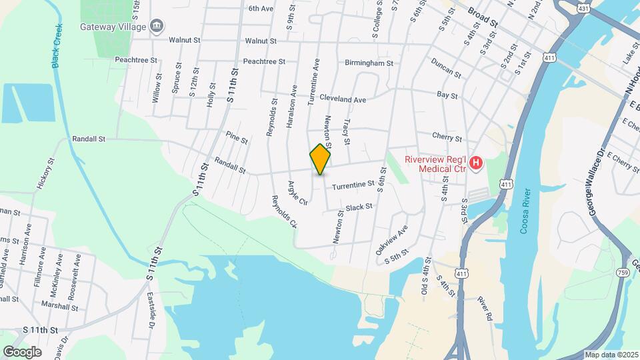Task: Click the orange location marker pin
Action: point(321,159)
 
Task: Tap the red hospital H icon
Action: point(476,163)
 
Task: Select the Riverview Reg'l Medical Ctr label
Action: point(436,163)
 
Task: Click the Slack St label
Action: point(359,207)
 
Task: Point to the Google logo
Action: point(22,351)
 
